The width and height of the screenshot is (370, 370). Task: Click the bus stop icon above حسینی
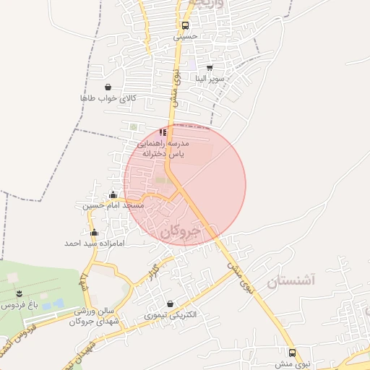pyautogui.click(x=186, y=25)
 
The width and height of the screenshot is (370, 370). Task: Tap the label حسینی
pyautogui.click(x=186, y=35)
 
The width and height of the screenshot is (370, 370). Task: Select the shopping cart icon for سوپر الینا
pyautogui.click(x=210, y=67)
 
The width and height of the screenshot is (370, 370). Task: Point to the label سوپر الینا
pyautogui.click(x=210, y=77)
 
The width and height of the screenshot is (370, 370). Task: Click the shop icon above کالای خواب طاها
pyautogui.click(x=108, y=87)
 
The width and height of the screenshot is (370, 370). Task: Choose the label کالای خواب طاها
pyautogui.click(x=108, y=98)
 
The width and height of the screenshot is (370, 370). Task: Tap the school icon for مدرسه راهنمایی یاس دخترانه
pyautogui.click(x=163, y=132)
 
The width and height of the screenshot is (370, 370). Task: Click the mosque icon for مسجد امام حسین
pyautogui.click(x=113, y=195)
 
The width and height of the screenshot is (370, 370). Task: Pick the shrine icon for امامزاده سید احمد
pyautogui.click(x=94, y=233)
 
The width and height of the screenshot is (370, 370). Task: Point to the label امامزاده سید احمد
pyautogui.click(x=94, y=244)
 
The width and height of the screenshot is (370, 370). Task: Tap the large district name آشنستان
pyautogui.click(x=293, y=280)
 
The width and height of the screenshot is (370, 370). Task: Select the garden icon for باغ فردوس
pyautogui.click(x=20, y=294)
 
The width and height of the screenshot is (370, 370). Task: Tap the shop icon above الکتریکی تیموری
pyautogui.click(x=170, y=304)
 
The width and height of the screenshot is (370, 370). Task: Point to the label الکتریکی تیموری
pyautogui.click(x=170, y=315)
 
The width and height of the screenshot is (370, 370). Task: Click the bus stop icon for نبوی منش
pyautogui.click(x=292, y=353)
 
